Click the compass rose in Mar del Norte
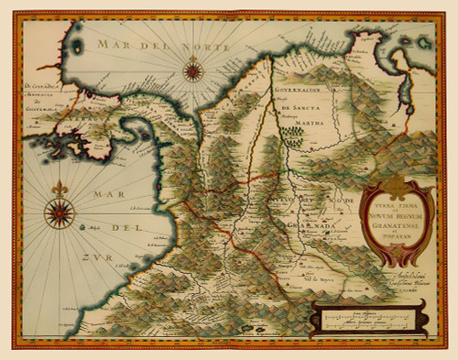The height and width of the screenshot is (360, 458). tap(192, 69)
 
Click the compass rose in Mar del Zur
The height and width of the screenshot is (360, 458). tap(60, 213)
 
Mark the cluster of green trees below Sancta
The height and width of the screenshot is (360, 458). tap(292, 136)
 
